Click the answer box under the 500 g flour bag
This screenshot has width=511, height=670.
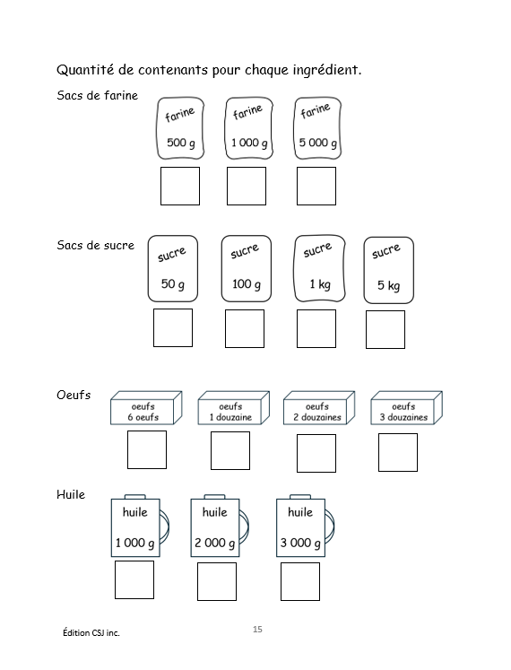(180, 186)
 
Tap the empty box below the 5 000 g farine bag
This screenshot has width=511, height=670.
(316, 186)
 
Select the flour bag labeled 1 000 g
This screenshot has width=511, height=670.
(248, 127)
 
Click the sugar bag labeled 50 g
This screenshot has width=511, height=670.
(173, 268)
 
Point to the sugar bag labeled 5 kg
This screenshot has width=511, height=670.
(388, 270)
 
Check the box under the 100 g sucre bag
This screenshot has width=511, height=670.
(245, 328)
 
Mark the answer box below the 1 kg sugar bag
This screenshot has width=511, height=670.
(316, 328)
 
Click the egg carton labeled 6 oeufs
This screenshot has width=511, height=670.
(146, 407)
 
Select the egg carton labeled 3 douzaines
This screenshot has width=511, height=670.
(406, 407)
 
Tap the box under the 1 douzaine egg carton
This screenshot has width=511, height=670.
(230, 450)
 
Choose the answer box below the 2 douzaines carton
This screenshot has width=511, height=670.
(316, 453)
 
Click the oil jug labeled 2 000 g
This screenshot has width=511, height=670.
(220, 526)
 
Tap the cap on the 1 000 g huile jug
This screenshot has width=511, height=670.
(135, 497)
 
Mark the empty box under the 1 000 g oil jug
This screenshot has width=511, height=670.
(134, 579)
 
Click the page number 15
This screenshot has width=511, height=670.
(257, 629)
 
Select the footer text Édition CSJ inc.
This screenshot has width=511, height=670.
(91, 632)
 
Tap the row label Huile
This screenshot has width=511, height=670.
(71, 494)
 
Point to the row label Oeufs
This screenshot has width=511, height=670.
(74, 395)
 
